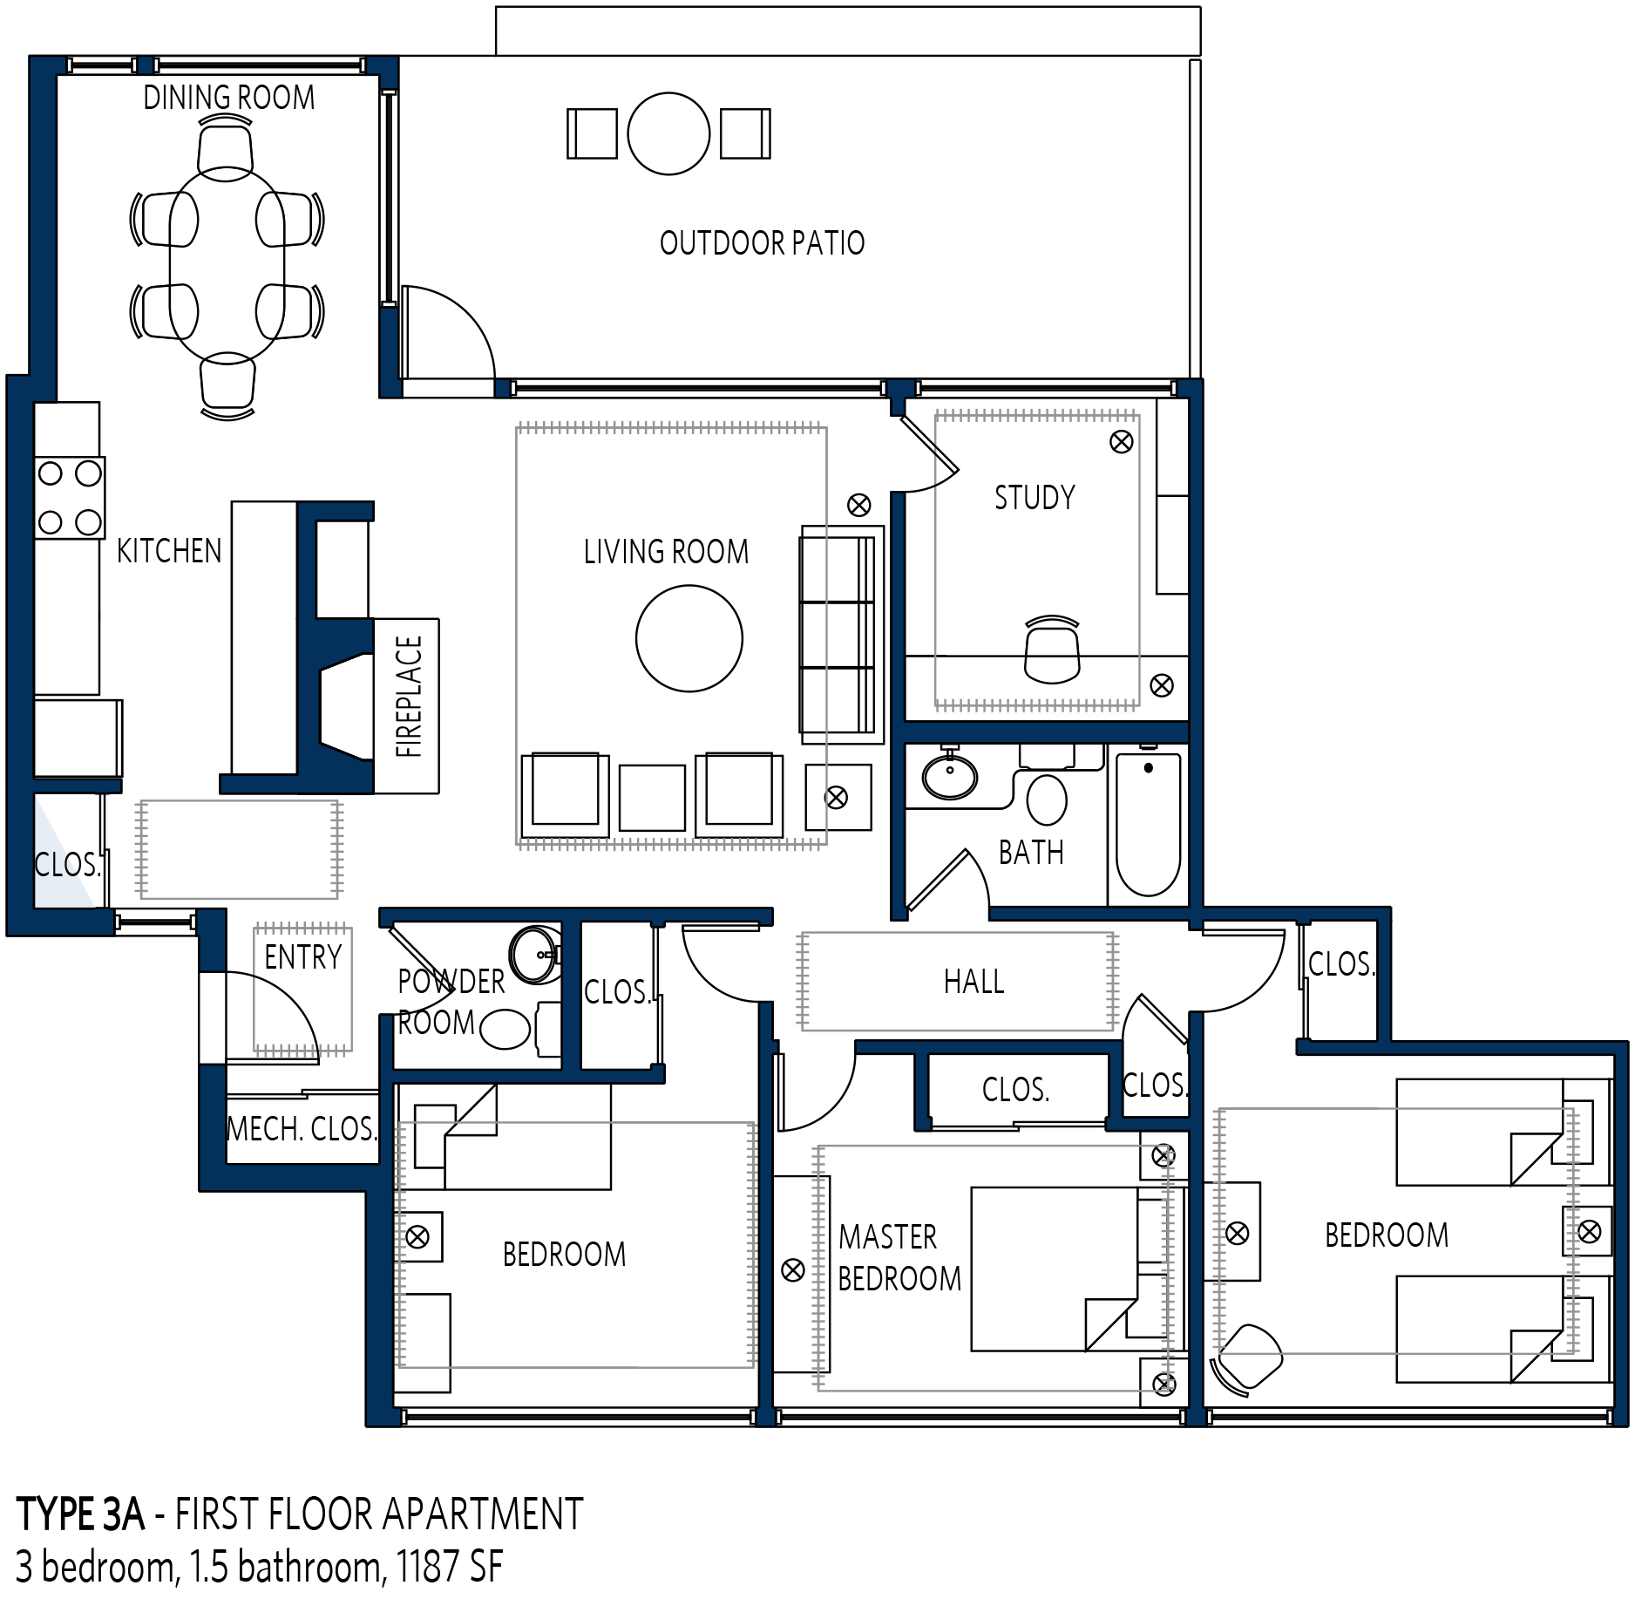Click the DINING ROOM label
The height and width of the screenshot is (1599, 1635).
pos(229,98)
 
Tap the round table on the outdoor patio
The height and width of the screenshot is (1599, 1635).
pos(668,133)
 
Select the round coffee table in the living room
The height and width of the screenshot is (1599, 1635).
pos(689,638)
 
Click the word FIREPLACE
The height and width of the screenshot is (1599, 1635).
pos(409,696)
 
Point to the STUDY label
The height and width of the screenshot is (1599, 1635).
pos(1035,498)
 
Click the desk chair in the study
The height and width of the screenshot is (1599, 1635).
pos(1052,650)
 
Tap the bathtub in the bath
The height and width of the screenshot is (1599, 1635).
pos(1148,824)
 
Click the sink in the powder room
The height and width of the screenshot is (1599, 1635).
pos(535,955)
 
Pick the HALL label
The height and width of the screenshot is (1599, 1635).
pos(974,982)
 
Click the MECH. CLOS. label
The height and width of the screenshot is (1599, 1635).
pos(302,1129)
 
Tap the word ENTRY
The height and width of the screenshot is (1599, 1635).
pos(302,957)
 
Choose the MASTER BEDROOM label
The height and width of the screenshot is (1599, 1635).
pos(899,1257)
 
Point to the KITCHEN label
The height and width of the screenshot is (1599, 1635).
pos(169,551)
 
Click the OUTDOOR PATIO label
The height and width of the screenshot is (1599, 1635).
pos(762,242)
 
